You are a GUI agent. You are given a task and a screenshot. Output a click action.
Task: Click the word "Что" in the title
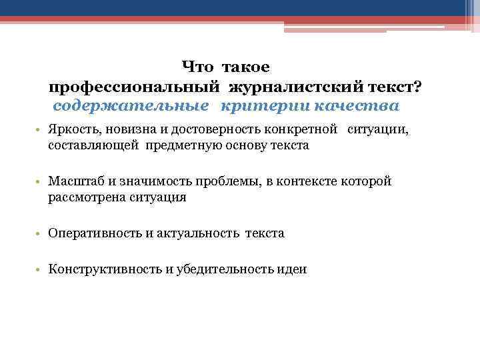pos(198,68)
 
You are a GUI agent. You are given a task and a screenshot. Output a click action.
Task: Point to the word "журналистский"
pos(295,87)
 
